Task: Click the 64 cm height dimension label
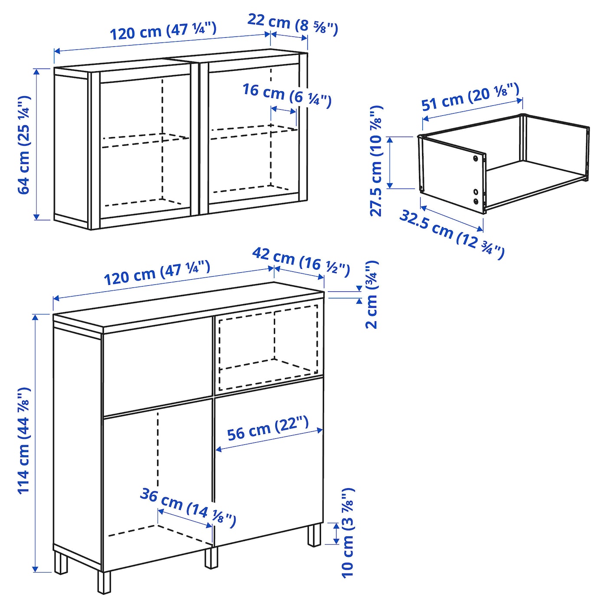point(24,144)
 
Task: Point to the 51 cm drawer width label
point(470,96)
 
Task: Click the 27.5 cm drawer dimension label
point(376,161)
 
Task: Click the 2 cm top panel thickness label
point(372,294)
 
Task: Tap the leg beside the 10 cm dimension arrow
point(314,535)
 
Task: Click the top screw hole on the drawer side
point(475,158)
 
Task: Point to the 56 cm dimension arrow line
point(269,439)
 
